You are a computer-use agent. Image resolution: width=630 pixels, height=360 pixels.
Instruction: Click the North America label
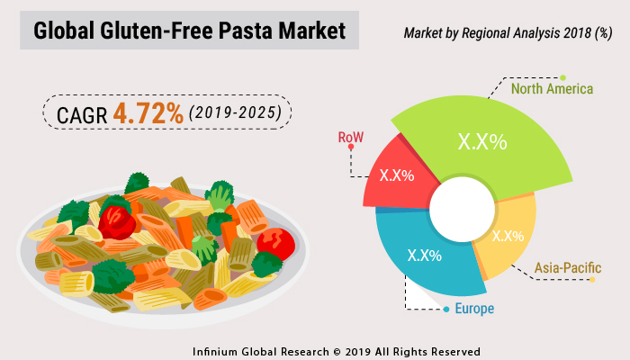click(552, 89)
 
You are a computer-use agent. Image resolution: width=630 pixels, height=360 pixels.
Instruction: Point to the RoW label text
click(350, 138)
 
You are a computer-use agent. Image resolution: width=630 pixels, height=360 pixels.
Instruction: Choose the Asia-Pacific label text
click(567, 267)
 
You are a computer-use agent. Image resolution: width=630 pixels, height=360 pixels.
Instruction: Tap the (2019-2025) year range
click(235, 115)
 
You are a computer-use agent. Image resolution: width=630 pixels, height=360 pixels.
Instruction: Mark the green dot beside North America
click(562, 77)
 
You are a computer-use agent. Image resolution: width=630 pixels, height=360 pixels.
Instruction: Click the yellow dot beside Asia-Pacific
click(593, 280)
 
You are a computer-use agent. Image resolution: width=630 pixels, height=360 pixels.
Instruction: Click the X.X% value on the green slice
click(482, 142)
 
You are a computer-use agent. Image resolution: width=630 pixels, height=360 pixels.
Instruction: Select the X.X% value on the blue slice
click(424, 256)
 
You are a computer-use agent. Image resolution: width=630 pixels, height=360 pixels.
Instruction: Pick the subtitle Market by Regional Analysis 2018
click(494, 33)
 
